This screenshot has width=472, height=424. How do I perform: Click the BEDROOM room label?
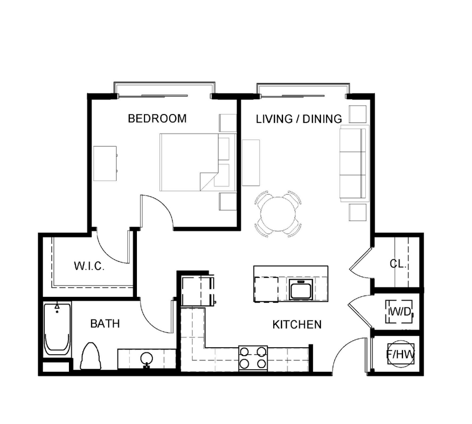click(157, 119)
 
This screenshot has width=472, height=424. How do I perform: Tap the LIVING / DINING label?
click(299, 119)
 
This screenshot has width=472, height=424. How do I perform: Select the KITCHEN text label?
click(297, 325)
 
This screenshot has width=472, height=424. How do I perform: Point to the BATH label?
click(105, 324)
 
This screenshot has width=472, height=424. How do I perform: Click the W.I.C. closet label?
click(90, 266)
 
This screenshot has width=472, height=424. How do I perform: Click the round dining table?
click(278, 213)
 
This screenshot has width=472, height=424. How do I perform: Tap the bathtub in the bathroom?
click(56, 329)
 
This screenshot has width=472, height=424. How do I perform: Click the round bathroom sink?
click(146, 359)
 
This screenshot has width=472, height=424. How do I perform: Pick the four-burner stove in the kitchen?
click(253, 358)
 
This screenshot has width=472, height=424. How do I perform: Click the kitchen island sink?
click(300, 290)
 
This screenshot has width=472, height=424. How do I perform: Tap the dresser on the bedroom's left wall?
click(105, 164)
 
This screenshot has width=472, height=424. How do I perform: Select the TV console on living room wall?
click(251, 163)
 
